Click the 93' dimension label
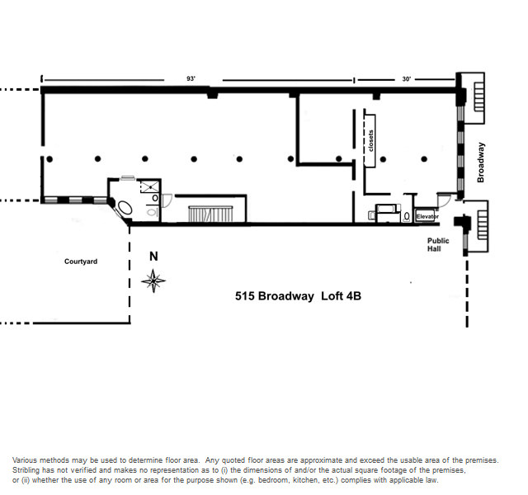[x=191, y=78]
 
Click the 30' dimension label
[x=406, y=78]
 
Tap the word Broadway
[x=481, y=163]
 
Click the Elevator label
[x=427, y=216]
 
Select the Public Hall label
[x=438, y=244]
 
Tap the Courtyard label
[x=81, y=262]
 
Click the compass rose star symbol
[x=153, y=281]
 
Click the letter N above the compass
[x=153, y=257]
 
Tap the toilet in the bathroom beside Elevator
[x=407, y=216]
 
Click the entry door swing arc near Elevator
[x=445, y=199]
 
